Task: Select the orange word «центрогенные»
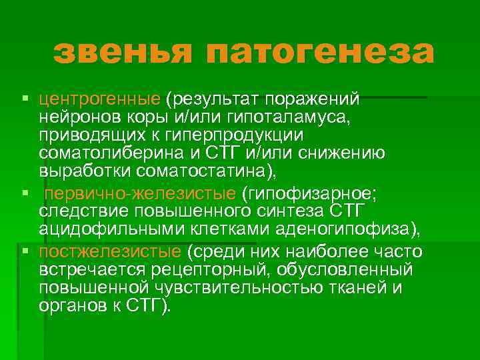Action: [99, 99]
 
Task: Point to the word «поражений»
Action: [313, 99]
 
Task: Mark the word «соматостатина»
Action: [205, 171]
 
